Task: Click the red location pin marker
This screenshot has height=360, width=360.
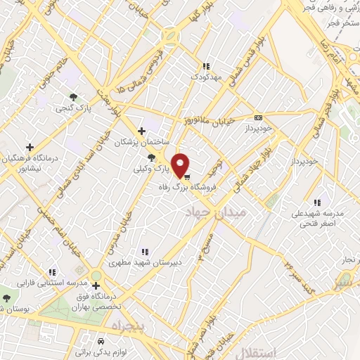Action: tap(181, 165)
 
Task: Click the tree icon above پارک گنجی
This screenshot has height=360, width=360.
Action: tap(72, 97)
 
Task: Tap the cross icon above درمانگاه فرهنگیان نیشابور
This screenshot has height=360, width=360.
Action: tap(30, 147)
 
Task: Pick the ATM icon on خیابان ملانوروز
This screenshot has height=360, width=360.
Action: tap(258, 117)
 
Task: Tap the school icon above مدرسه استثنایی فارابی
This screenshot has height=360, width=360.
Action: tap(53, 271)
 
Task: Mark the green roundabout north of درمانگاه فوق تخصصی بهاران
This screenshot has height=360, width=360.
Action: tap(96, 276)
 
